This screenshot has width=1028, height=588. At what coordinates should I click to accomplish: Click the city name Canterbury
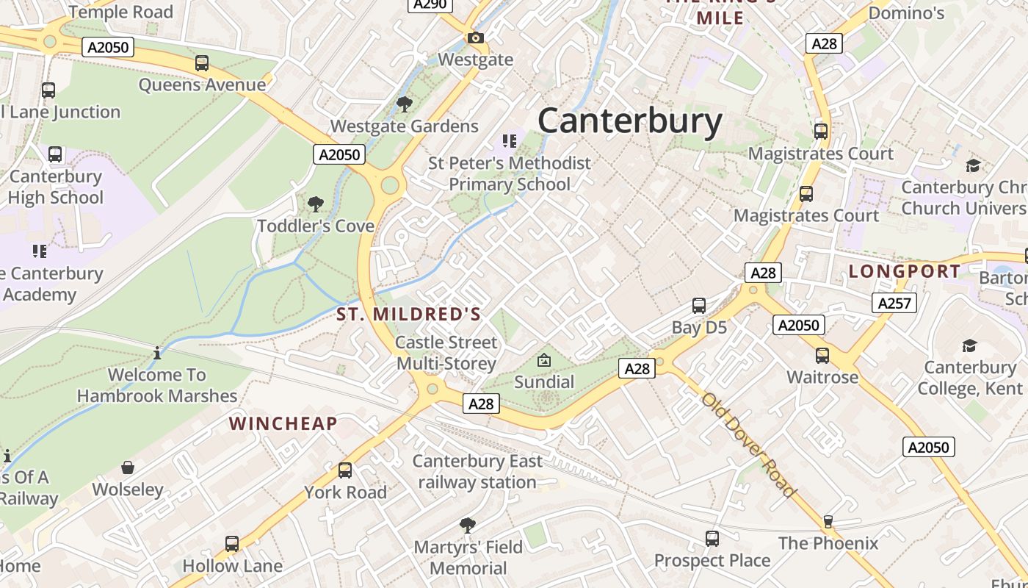(630, 121)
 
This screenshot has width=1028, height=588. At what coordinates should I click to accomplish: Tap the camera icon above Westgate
(475, 37)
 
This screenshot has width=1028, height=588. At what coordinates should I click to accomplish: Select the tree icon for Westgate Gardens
(404, 104)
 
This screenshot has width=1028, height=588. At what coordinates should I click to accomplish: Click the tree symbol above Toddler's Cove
(316, 204)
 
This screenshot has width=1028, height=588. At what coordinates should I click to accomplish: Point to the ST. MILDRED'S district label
(408, 315)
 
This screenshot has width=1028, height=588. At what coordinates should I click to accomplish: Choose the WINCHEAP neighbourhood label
(283, 423)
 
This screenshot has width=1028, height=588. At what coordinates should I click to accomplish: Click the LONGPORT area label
(904, 271)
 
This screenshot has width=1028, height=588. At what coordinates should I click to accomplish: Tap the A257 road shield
(894, 302)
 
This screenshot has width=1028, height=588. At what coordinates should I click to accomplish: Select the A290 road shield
(430, 4)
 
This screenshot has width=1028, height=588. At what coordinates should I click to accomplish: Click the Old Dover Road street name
(748, 445)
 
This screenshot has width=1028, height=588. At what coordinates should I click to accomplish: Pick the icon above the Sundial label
(544, 360)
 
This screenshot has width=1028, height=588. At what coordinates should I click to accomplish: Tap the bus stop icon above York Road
(345, 470)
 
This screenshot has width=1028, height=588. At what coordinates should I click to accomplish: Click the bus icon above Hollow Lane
(232, 544)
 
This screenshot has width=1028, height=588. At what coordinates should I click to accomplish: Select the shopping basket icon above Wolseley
(128, 467)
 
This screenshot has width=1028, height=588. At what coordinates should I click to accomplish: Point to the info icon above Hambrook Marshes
(157, 354)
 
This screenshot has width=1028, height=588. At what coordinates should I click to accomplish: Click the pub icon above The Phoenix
(828, 522)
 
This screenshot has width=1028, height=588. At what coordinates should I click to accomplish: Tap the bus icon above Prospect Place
(712, 539)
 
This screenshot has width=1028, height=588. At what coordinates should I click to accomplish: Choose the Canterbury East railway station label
(477, 472)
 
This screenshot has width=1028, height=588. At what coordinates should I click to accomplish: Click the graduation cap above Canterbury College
(969, 345)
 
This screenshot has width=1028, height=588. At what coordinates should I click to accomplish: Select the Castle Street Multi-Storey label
(446, 353)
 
